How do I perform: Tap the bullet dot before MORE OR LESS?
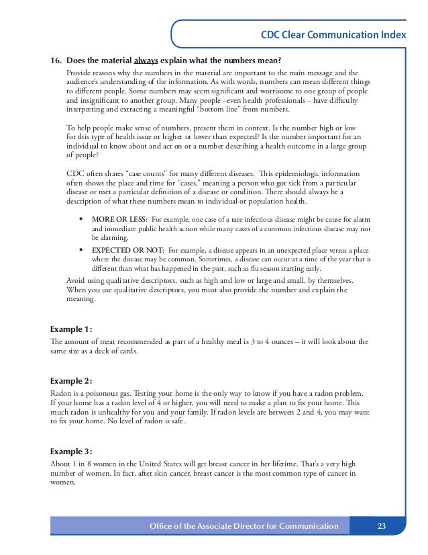pyautogui.click(x=81, y=220)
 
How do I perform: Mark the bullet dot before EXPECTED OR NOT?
pyautogui.click(x=81, y=249)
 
